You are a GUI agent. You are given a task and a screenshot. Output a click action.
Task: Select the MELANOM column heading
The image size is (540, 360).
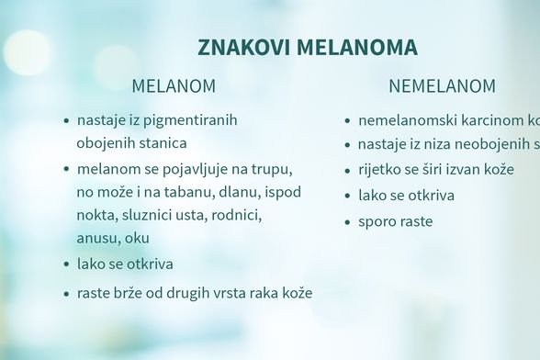(x=174, y=87)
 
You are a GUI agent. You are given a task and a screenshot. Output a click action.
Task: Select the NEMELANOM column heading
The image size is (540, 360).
(x=442, y=87)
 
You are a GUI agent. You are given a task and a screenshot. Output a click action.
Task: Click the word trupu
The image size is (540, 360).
(x=272, y=170)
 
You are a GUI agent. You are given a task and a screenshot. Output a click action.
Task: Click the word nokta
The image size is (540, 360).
(x=96, y=216)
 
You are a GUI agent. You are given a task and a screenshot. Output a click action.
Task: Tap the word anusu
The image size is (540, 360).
(x=97, y=239)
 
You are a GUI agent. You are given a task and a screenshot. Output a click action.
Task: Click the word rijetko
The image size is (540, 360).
(x=379, y=170)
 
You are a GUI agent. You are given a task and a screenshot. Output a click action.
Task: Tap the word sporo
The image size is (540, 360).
(x=377, y=221)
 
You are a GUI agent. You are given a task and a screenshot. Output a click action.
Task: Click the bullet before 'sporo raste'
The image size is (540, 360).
(x=346, y=222)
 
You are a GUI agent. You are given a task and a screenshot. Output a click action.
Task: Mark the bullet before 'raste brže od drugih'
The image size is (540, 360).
(x=66, y=295)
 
